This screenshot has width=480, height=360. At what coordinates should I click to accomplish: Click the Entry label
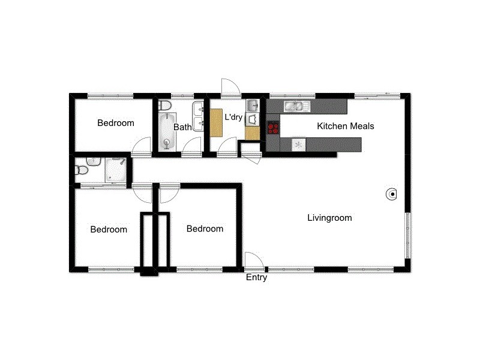point(256,278)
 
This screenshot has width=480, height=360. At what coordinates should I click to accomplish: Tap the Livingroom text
point(329,218)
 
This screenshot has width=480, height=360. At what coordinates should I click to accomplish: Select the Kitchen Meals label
point(345,126)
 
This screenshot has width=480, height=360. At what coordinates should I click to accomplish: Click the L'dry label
point(233,118)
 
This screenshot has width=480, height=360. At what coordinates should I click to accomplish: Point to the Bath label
point(182,127)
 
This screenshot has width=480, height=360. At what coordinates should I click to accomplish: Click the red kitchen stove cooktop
point(273,127)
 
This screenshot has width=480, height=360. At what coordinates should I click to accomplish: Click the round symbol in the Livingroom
point(391,194)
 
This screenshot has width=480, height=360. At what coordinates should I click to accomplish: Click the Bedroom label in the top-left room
point(116,123)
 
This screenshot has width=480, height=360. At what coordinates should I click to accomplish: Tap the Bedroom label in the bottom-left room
point(109,229)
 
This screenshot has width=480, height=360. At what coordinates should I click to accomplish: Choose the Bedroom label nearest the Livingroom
point(205,229)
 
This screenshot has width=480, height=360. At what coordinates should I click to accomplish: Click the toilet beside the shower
point(82,171)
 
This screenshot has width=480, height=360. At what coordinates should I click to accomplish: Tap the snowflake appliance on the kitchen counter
point(297,144)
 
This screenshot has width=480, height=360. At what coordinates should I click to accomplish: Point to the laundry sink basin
point(253,107)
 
